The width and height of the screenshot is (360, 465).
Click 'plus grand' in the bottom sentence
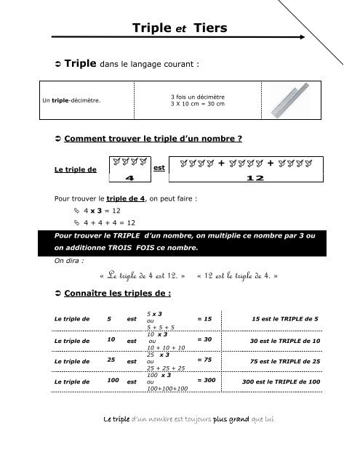tap(236, 440)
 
